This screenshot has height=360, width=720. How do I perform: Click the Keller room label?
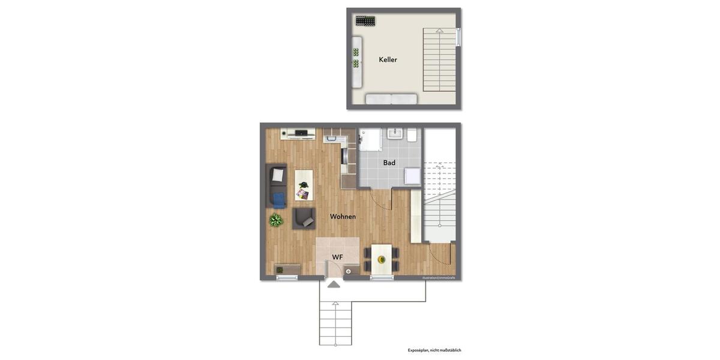click(388, 60)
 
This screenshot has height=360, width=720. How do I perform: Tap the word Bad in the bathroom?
click(389, 163)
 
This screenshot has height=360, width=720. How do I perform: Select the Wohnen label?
click(343, 217)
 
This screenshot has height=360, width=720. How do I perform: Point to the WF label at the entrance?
click(338, 257)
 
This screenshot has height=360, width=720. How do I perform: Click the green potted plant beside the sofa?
click(276, 220)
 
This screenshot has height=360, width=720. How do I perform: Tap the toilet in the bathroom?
click(412, 135)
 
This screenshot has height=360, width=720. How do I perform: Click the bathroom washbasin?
click(395, 133)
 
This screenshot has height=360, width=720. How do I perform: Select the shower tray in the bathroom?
click(370, 139)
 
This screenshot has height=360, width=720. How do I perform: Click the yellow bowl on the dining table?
click(381, 260)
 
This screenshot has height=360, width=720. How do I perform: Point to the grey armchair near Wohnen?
click(304, 218)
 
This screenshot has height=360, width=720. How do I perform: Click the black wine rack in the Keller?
click(365, 21)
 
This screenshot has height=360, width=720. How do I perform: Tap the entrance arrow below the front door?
click(334, 284)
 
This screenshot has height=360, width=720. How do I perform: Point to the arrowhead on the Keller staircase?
click(440, 31)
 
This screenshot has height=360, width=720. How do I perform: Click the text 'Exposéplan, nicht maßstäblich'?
click(434, 350)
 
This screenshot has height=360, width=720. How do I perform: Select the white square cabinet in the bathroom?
click(412, 175)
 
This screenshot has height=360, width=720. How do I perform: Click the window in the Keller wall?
click(458, 37)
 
